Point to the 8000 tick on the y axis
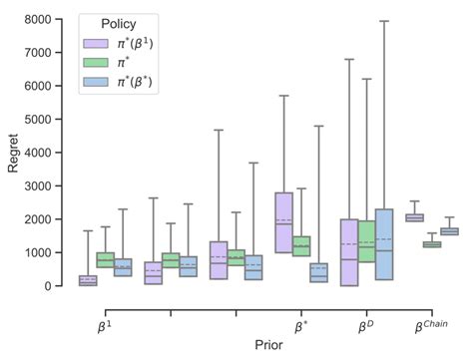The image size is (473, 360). (x=38, y=20)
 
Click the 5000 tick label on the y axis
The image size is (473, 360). (x=38, y=120)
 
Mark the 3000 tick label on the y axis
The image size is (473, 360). (x=38, y=186)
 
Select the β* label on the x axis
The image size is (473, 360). (x=300, y=323)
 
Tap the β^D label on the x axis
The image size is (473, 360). (x=366, y=323)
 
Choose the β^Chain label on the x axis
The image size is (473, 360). (x=433, y=322)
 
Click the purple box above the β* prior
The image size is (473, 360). (x=283, y=222)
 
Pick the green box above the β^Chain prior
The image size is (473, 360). (x=432, y=243)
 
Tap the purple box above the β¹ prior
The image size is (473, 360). (x=88, y=280)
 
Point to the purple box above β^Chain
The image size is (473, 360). (x=414, y=217)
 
